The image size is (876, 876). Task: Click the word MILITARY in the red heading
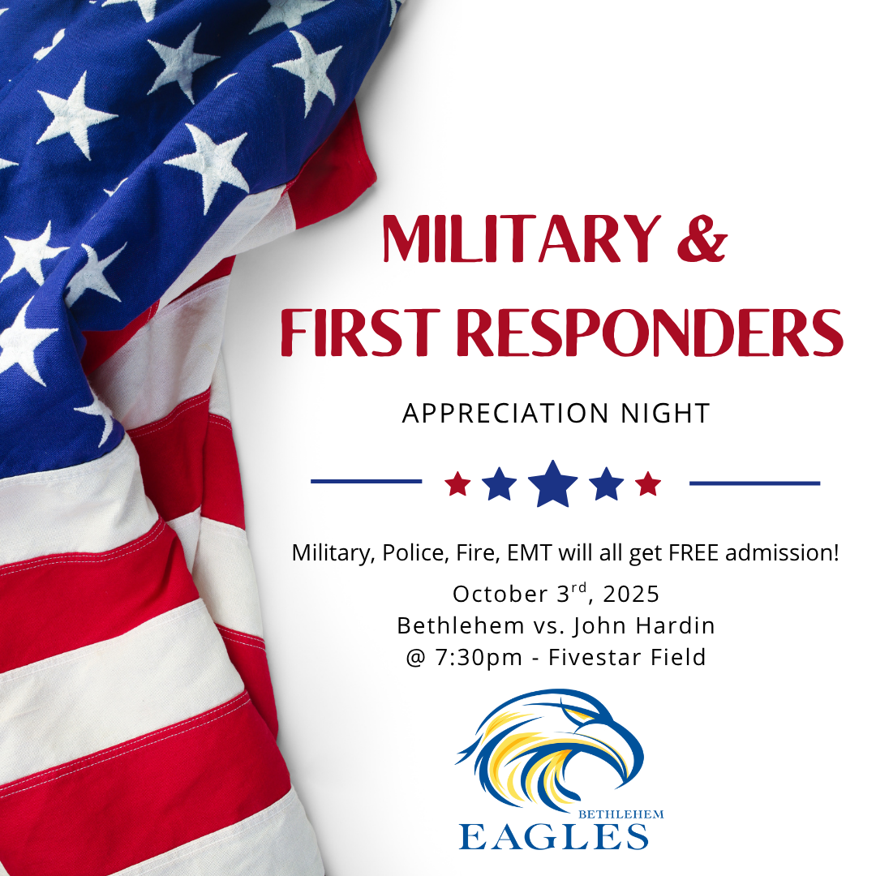522,238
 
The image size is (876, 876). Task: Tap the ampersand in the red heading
702,238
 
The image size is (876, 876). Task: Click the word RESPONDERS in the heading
650,333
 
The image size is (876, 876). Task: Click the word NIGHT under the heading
665,414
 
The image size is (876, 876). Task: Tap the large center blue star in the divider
552,483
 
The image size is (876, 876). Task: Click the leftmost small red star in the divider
457,483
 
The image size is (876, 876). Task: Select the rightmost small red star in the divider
648,483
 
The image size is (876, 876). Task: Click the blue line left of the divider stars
366,482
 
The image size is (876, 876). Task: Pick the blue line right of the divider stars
755,483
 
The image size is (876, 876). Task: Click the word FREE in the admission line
693,553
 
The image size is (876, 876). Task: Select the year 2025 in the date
631,594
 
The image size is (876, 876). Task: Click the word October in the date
500,594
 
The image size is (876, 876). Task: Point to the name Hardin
676,625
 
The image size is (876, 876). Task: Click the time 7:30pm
479,658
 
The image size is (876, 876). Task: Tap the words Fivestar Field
627,658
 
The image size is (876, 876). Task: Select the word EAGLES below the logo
553,837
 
